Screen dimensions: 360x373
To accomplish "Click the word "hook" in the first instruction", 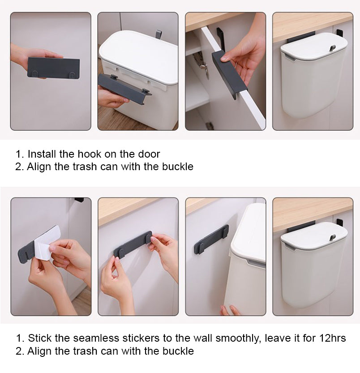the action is [x=90, y=154].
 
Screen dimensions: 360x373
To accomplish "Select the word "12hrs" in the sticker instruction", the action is [x=332, y=338].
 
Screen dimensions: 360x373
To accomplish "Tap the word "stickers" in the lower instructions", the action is [x=141, y=338].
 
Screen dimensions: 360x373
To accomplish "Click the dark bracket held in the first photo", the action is [x=54, y=68].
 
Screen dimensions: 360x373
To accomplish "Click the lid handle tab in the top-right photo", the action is [x=332, y=48].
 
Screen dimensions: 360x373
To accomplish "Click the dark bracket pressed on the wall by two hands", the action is [x=133, y=245].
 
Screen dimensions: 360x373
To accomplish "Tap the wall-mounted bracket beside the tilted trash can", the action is [x=211, y=240].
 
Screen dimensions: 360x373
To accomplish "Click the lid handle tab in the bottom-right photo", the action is [x=333, y=237].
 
